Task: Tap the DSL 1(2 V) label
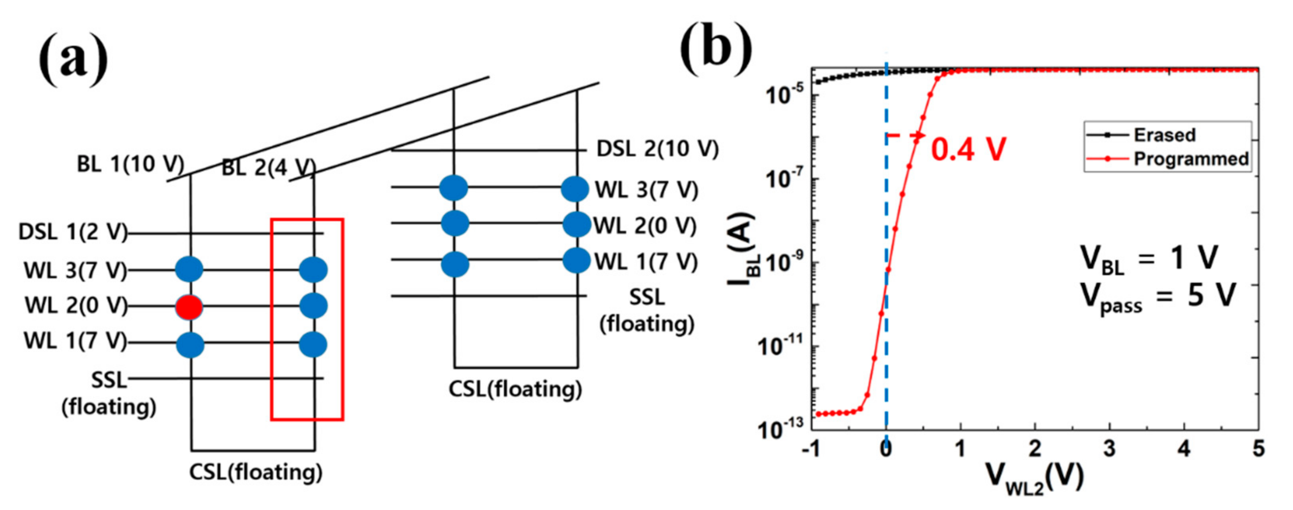[73, 233]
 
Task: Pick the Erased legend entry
[1163, 135]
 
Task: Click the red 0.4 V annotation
[968, 149]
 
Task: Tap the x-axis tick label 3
[1109, 449]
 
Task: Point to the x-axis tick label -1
[810, 449]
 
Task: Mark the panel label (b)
[715, 48]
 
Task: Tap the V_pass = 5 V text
[1157, 297]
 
